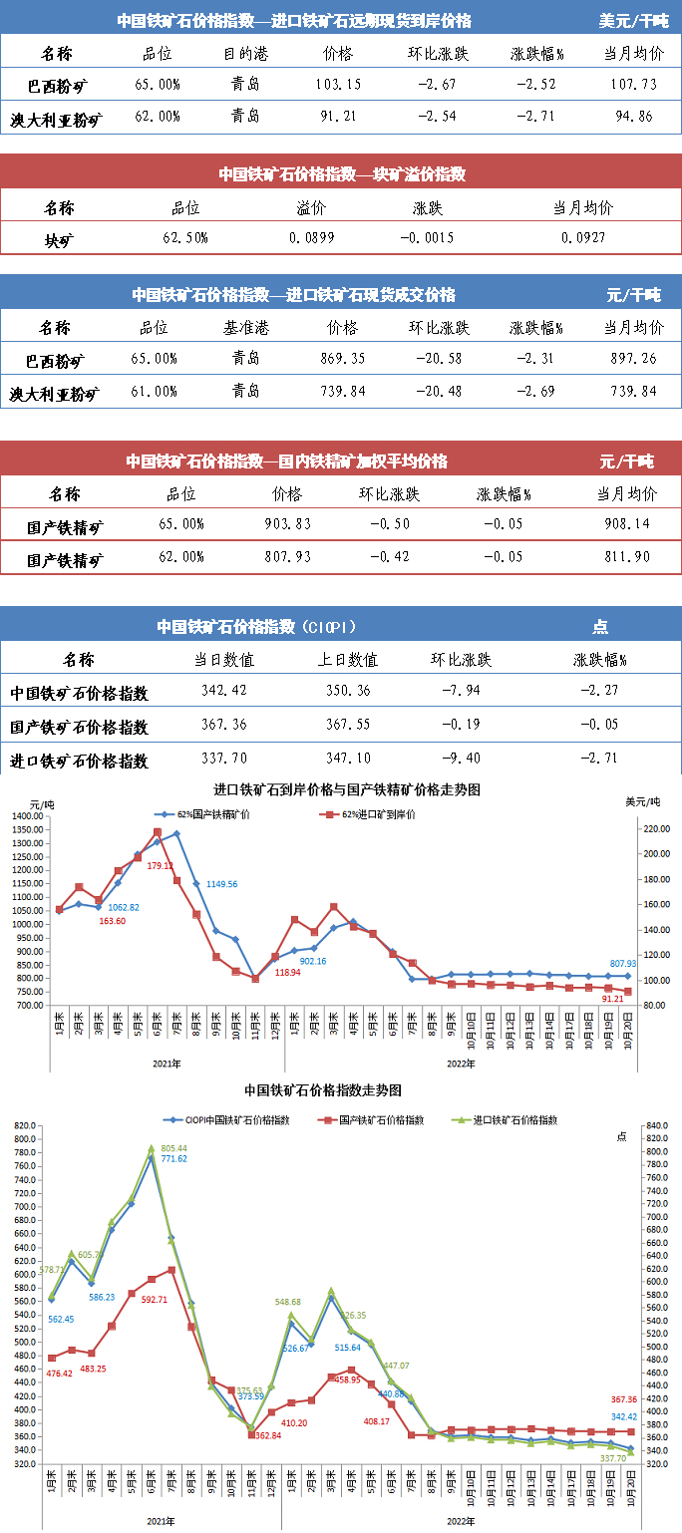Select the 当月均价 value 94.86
click(x=633, y=117)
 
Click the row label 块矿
click(x=59, y=239)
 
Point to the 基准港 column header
click(x=245, y=327)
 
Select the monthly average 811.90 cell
click(x=626, y=556)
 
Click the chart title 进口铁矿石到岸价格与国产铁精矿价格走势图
click(x=347, y=788)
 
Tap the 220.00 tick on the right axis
click(x=652, y=829)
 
